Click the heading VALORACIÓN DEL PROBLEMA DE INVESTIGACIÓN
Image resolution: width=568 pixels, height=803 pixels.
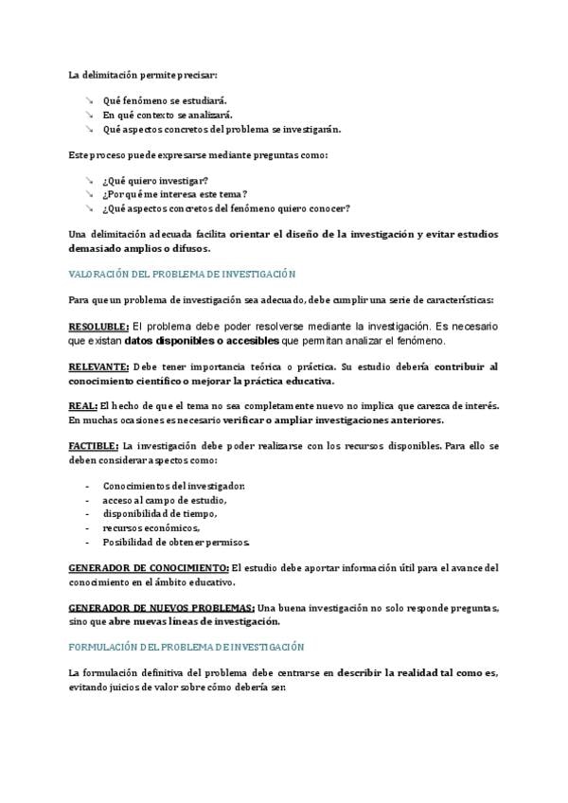coord(183,274)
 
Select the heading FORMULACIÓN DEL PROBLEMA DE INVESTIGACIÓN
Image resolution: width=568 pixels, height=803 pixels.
coord(186,647)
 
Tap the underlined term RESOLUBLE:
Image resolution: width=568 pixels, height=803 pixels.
coord(98,326)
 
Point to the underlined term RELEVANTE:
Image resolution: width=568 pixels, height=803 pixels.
coord(98,366)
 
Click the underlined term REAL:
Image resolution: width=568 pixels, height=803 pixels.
coord(81,406)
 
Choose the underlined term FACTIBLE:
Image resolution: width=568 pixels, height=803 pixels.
coord(94,446)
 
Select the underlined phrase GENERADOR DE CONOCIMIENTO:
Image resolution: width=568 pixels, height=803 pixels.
coord(149,567)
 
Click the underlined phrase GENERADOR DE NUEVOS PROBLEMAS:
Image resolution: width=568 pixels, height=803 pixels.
coord(161,607)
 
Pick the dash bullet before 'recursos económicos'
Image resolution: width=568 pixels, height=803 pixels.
coord(88,526)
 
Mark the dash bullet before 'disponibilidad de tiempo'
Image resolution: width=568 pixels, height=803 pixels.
coord(88,513)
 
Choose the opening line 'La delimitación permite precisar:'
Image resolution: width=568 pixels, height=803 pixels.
coord(142,74)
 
